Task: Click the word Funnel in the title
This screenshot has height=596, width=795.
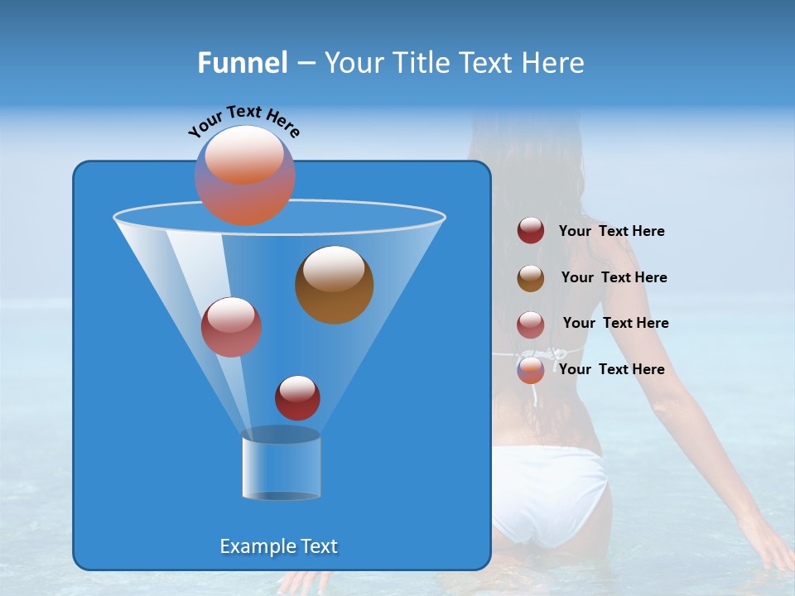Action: (242, 62)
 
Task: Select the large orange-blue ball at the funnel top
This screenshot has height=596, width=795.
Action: (244, 175)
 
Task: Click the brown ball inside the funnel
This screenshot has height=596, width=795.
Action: (334, 284)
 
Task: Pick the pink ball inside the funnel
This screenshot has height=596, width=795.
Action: (231, 327)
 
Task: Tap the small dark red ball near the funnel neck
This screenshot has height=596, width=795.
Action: (297, 397)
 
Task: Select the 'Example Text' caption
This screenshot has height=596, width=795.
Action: (278, 546)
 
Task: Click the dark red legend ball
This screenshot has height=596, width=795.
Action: (531, 231)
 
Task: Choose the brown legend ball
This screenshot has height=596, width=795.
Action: (531, 277)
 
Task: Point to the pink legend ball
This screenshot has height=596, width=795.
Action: (531, 324)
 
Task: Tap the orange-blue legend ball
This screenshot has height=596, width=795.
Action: (531, 369)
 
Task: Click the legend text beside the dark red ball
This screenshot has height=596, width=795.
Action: (611, 231)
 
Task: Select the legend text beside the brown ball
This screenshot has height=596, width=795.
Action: (614, 277)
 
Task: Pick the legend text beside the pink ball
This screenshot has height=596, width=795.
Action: (615, 323)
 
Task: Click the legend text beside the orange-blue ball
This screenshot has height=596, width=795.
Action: (611, 369)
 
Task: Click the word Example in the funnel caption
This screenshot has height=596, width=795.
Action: (254, 546)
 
